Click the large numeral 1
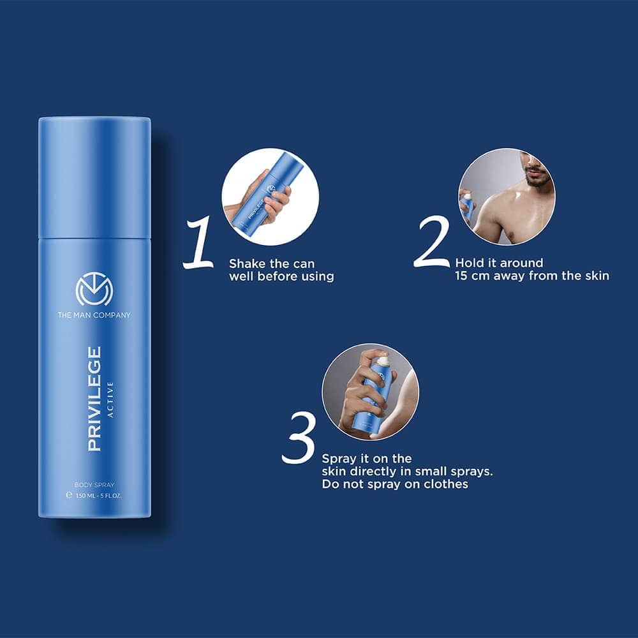point(199,242)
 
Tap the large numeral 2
point(432,242)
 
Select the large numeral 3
point(299,438)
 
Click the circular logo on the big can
point(94,289)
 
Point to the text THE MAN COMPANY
point(94,315)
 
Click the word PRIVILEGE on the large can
point(94,399)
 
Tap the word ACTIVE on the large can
point(110,399)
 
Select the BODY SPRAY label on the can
point(94,485)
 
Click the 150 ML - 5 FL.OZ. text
point(99,496)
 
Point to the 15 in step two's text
point(461,276)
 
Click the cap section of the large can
point(94,177)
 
